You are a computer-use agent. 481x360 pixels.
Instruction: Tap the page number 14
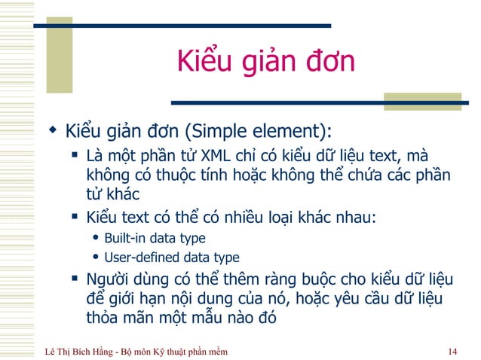[452, 351]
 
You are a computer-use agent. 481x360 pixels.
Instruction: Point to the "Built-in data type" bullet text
[155, 238]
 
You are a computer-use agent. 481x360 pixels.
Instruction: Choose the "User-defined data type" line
[171, 257]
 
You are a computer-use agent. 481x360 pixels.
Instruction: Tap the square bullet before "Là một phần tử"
[75, 156]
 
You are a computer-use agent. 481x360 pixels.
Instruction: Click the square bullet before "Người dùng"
[75, 278]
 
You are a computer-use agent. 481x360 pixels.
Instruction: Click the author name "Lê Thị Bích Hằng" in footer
[82, 351]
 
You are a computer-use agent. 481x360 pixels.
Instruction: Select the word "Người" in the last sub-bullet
[109, 278]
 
